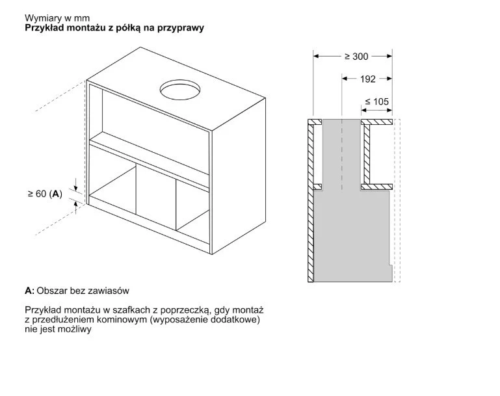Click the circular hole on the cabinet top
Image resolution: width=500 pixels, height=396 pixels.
pyautogui.click(x=183, y=90)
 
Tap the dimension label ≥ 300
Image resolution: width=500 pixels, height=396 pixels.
pyautogui.click(x=356, y=56)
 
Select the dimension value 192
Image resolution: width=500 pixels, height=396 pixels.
pyautogui.click(x=367, y=79)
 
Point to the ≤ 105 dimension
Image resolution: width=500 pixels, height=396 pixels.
pyautogui.click(x=376, y=101)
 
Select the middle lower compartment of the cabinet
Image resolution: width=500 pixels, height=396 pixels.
pyautogui.click(x=156, y=202)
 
